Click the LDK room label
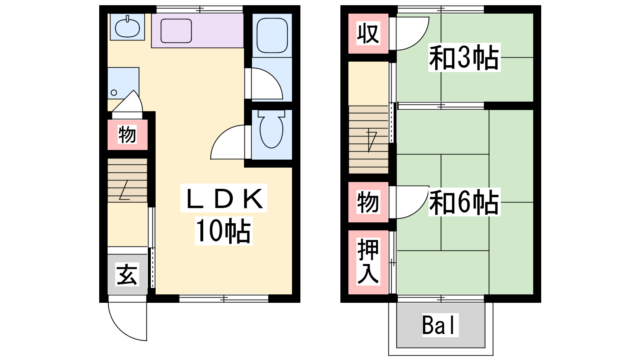224,198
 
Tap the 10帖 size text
224,231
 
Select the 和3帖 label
464,58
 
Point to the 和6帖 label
464,202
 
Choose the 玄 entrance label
127,274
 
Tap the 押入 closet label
368,262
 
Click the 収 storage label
368,33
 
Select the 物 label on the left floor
127,134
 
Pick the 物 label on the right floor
368,202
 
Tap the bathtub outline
272,36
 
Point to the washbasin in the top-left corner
127,27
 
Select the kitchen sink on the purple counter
176,31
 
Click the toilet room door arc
220,135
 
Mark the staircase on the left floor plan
128,180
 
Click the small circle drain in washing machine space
114,92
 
